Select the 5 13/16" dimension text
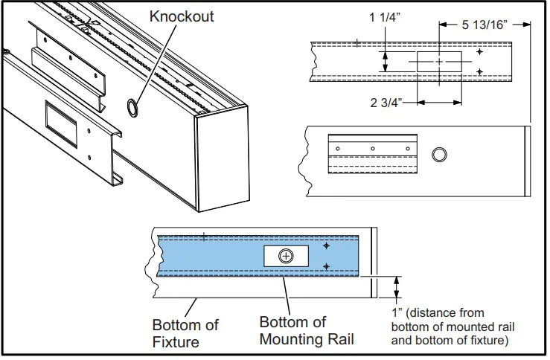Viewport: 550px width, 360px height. tap(485, 25)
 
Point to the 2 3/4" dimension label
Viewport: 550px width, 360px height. tap(388, 103)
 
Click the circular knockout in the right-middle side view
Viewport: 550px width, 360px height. tap(440, 154)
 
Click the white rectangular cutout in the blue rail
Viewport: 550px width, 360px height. tap(287, 256)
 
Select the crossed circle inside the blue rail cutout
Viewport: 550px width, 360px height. tap(287, 256)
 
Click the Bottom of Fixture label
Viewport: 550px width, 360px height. tap(185, 333)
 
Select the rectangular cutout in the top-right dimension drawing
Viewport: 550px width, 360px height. tap(438, 62)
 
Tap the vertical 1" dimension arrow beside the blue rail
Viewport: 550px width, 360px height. tap(396, 287)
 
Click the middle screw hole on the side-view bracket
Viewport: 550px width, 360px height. tap(373, 149)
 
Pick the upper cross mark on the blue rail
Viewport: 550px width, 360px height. tap(326, 245)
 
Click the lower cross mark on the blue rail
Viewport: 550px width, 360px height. tap(326, 266)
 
